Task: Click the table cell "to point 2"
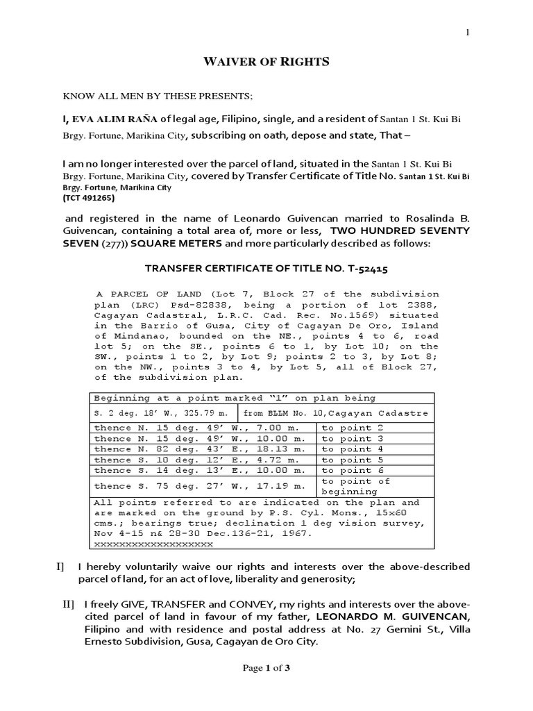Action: coord(347,428)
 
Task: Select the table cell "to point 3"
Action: coord(347,439)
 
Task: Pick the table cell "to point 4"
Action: coord(347,449)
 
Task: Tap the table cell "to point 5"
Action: coord(347,460)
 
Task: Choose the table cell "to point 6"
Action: coord(347,470)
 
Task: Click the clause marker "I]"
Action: coord(61,567)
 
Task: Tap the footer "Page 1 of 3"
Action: coord(266,687)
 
